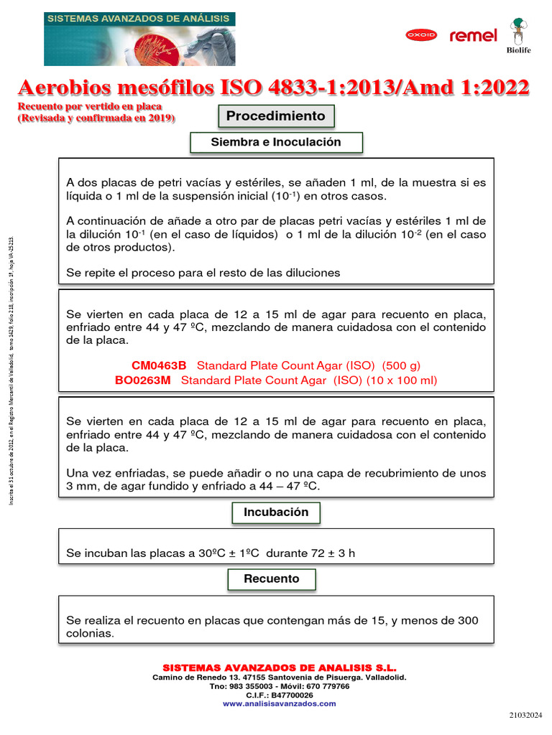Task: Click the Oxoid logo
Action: [424, 34]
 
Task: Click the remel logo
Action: [473, 35]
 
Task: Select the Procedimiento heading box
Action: [275, 116]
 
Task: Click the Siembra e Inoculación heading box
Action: [276, 142]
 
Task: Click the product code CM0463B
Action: [158, 365]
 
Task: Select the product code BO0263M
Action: [143, 380]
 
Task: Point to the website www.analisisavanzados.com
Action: [279, 704]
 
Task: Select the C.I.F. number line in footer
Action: [280, 695]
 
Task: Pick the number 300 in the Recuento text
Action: [467, 620]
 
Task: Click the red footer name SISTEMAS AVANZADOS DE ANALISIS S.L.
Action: [280, 668]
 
